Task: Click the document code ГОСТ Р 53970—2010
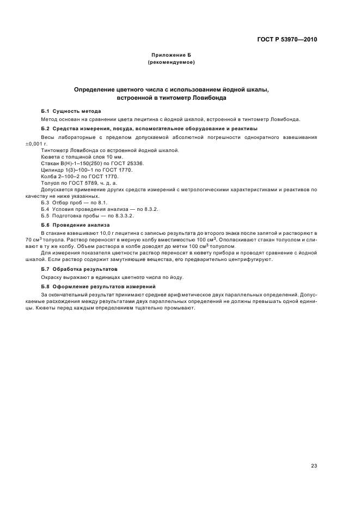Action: click(286, 39)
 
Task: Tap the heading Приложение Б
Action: click(172, 56)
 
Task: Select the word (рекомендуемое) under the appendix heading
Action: click(172, 63)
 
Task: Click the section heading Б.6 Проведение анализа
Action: click(76, 224)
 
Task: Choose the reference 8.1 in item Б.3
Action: click(102, 202)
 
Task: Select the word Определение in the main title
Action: click(95, 89)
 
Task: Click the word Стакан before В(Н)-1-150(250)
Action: click(51, 163)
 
